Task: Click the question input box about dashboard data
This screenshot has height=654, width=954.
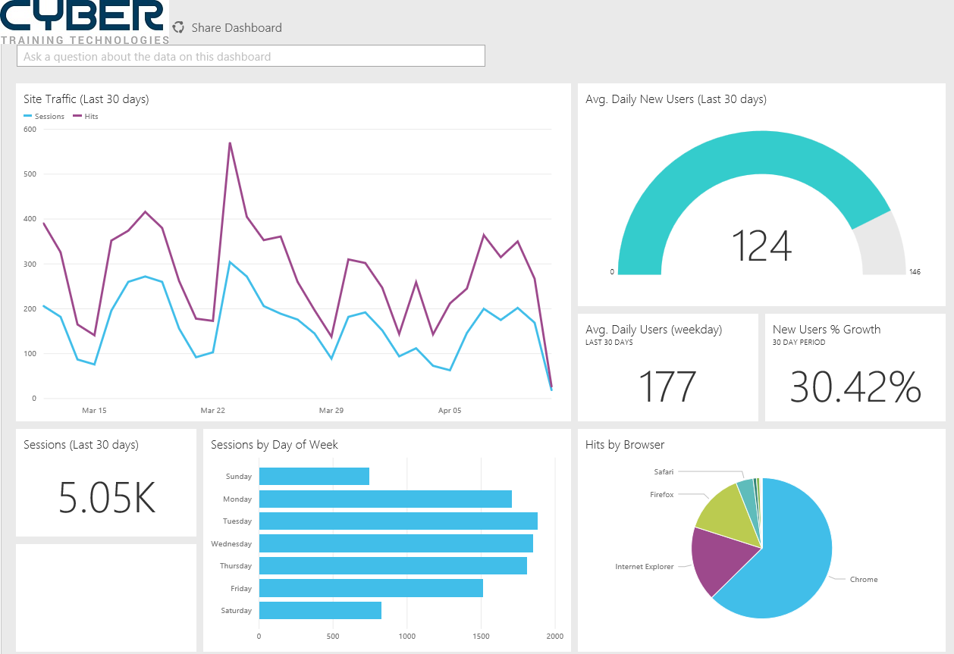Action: (x=250, y=56)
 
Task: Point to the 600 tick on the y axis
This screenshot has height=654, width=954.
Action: (x=30, y=129)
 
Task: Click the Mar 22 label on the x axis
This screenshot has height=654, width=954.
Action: (x=213, y=411)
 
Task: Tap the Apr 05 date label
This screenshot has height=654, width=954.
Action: (x=450, y=411)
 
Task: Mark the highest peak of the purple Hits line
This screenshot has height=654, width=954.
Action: (x=229, y=142)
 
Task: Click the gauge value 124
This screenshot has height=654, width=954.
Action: (x=761, y=246)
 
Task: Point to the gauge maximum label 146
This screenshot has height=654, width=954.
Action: (x=915, y=271)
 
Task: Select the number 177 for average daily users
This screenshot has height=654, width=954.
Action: (x=667, y=386)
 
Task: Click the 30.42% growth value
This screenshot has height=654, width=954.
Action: (x=855, y=386)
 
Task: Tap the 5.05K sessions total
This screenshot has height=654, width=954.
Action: (x=106, y=497)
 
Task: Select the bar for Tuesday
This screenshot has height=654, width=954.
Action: (x=398, y=521)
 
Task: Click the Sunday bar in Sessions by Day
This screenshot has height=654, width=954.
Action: (x=314, y=477)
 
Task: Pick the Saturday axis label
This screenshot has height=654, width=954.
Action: (x=236, y=611)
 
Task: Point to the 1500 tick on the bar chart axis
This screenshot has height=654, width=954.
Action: (x=481, y=637)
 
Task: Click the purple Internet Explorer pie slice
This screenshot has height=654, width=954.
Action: (x=720, y=561)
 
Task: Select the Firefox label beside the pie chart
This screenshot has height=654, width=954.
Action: (x=661, y=495)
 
